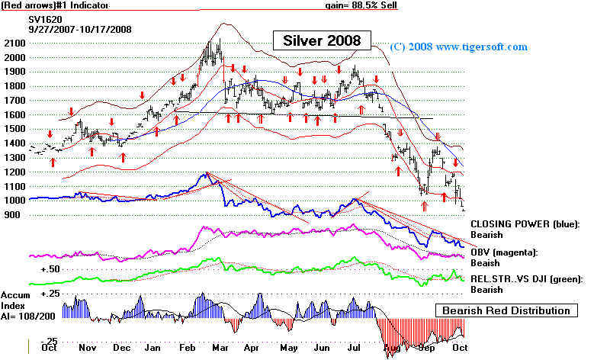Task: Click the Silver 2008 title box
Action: [323, 39]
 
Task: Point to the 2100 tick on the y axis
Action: [14, 43]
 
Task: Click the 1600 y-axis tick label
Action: [14, 114]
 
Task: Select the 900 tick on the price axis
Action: [11, 215]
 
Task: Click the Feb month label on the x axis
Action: [185, 348]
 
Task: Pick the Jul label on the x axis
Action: [353, 348]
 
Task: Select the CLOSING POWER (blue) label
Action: [525, 223]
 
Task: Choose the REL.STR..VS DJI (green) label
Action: [526, 280]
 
